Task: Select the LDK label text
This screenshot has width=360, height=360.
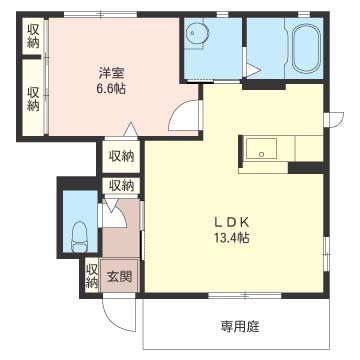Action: [233, 221]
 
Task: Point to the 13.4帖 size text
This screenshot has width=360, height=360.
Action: [233, 238]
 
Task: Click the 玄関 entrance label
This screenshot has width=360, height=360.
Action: [119, 276]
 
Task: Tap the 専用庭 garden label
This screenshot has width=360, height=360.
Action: [240, 326]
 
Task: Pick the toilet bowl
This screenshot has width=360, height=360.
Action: [79, 237]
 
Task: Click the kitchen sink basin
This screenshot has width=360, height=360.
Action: [261, 149]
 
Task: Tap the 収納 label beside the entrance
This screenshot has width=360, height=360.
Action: [91, 275]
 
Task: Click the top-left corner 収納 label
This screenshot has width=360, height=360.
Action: [33, 36]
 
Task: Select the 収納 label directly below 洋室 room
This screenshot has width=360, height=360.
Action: [122, 156]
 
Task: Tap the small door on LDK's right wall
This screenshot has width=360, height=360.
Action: [334, 119]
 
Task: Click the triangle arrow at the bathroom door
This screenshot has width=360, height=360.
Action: [253, 71]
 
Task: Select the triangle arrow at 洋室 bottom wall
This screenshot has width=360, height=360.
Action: [131, 129]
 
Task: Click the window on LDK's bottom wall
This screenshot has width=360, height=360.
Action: [245, 295]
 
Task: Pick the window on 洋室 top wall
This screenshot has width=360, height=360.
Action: [100, 15]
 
